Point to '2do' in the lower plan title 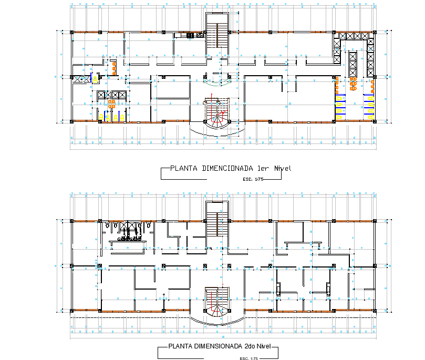(251, 347)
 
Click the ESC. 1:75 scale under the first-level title (253, 179)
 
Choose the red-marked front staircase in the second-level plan (216, 303)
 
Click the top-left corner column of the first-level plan (72, 33)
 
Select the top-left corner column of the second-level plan (72, 220)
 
